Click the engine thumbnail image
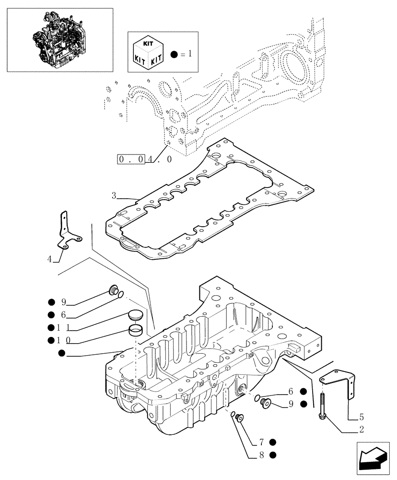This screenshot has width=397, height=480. point(60,39)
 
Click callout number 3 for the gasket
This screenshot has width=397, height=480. point(114,195)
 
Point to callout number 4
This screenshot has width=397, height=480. point(49,259)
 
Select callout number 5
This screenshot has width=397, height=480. point(361,416)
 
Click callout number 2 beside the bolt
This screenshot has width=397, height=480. point(361,430)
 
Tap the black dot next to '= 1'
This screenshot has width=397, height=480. point(173,54)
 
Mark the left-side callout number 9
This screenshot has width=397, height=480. point(63,302)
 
